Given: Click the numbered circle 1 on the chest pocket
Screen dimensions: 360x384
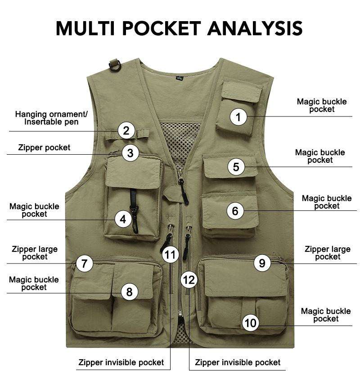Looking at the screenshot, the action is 238,117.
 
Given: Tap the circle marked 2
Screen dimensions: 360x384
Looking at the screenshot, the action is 126,130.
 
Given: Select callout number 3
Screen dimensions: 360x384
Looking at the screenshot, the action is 130,153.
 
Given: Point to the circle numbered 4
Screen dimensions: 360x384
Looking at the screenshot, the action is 123,219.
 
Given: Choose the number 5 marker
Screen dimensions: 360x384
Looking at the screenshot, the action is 236,167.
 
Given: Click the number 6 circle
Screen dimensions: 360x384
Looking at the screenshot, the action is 235,210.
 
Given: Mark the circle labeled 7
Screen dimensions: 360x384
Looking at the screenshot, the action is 85,263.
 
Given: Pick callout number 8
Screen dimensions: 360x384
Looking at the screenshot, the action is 129,292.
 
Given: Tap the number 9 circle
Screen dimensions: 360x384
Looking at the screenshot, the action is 262,263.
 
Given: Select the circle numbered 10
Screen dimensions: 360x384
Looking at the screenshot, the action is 251,323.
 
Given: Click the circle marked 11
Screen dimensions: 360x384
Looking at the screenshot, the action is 170,255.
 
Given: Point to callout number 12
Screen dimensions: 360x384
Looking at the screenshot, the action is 189,280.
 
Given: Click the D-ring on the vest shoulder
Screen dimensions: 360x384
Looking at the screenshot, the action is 115,65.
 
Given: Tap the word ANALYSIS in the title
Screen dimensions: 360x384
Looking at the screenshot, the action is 255,28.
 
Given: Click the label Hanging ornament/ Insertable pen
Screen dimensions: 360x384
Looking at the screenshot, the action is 51,118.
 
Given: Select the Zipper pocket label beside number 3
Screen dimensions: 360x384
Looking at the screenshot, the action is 44,147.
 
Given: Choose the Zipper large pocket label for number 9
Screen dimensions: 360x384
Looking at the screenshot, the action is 328,253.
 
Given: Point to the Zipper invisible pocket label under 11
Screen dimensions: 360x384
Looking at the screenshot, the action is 121,362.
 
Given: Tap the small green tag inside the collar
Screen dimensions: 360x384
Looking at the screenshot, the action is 180,78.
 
